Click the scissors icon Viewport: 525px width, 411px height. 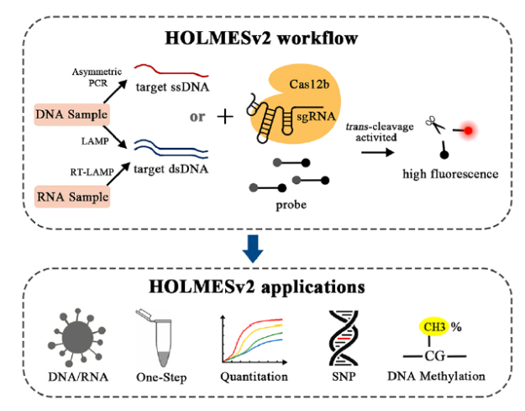pyautogui.click(x=438, y=126)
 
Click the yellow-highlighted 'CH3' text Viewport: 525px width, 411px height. pyautogui.click(x=435, y=322)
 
